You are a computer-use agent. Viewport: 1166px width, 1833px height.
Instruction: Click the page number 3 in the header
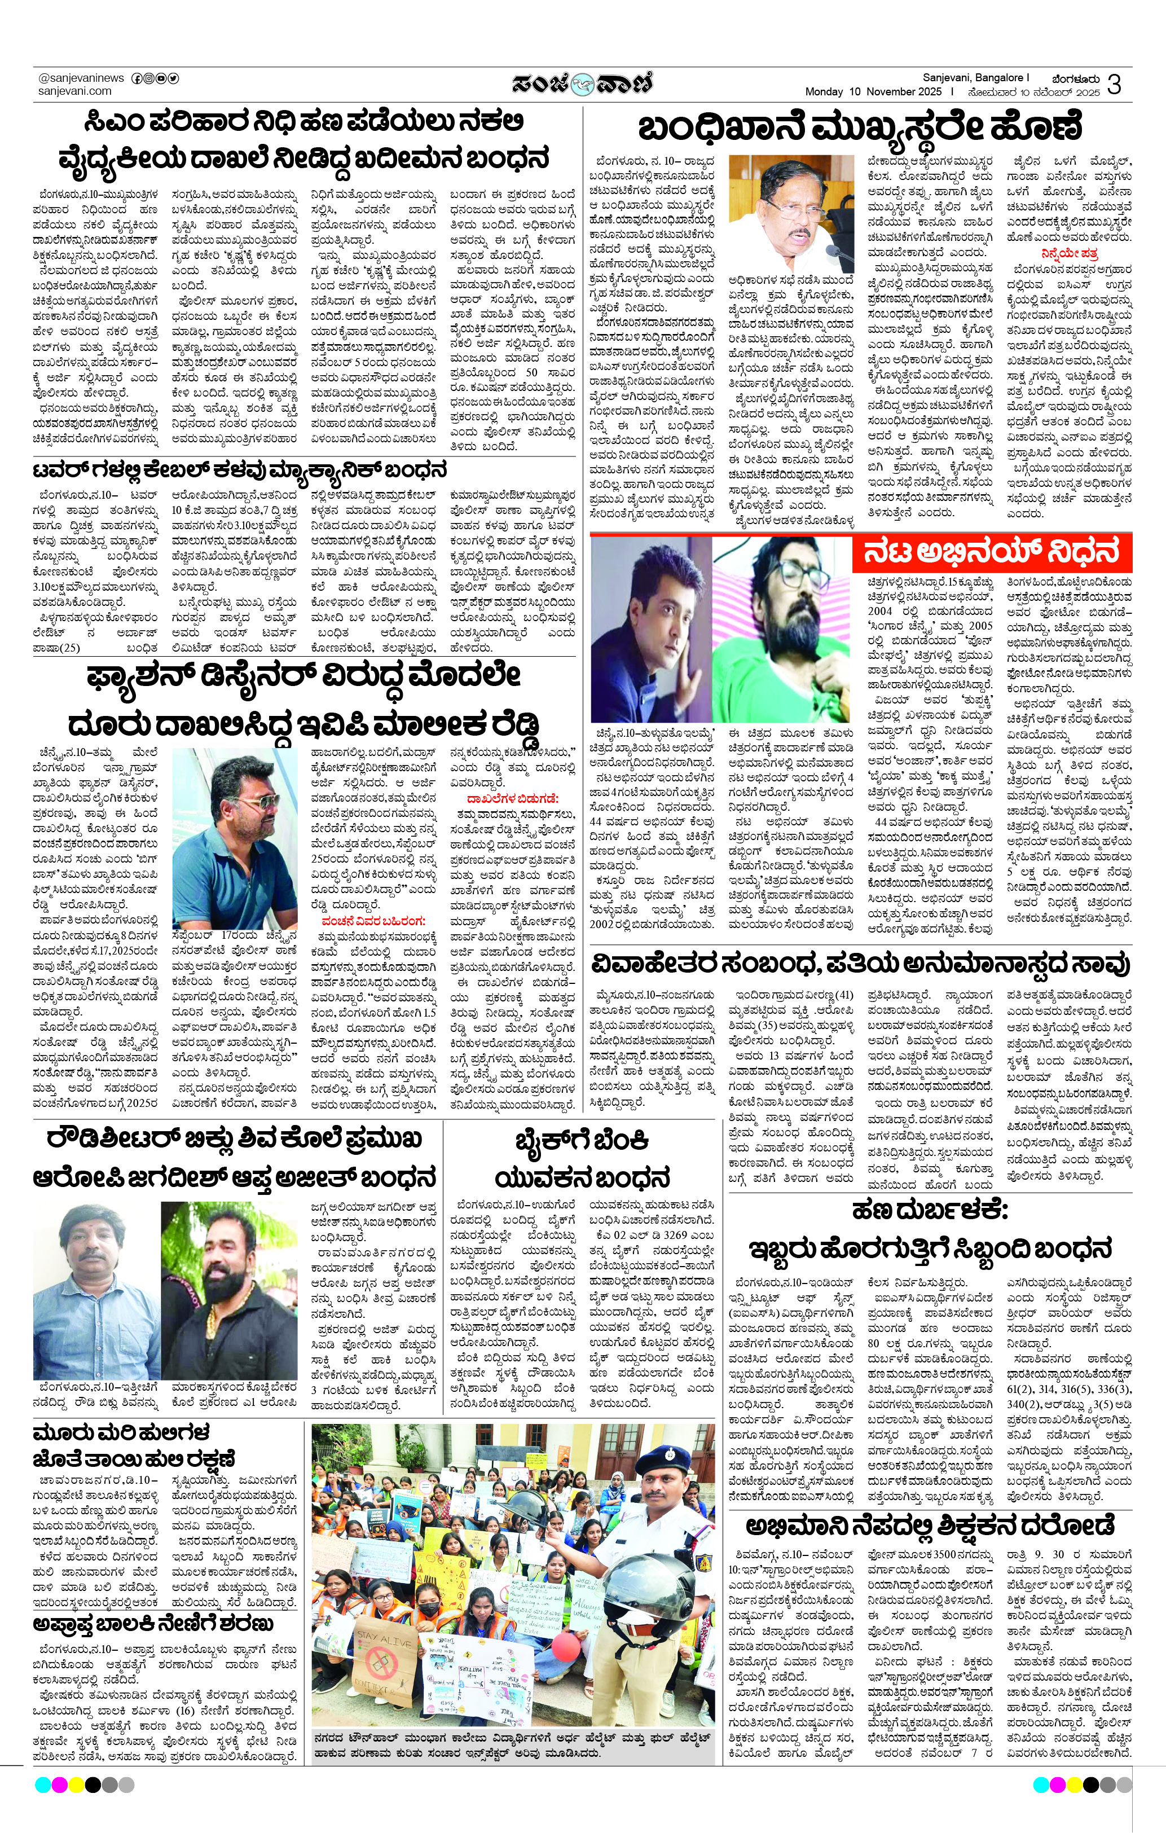(1114, 83)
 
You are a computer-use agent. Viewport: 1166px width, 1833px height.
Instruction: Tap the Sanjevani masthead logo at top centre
(582, 83)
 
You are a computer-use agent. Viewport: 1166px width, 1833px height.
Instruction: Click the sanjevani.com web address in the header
(74, 91)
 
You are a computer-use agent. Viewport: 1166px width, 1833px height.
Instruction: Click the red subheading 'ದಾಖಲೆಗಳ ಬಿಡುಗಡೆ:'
(512, 798)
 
